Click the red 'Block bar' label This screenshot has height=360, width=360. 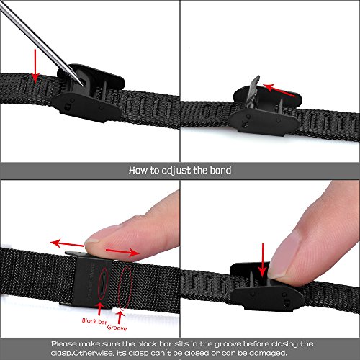94,321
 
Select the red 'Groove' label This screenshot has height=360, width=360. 117,328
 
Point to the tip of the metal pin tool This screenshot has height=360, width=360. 84,86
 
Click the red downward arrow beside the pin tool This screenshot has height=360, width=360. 35,66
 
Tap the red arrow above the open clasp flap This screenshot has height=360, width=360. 279,90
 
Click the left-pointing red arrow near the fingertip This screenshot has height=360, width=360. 67,243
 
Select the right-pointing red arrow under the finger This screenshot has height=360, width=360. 122,252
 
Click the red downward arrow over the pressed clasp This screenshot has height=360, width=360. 263,261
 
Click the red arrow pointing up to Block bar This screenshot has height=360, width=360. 99,309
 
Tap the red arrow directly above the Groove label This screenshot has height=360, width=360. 120,318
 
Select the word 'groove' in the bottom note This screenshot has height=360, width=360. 228,344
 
